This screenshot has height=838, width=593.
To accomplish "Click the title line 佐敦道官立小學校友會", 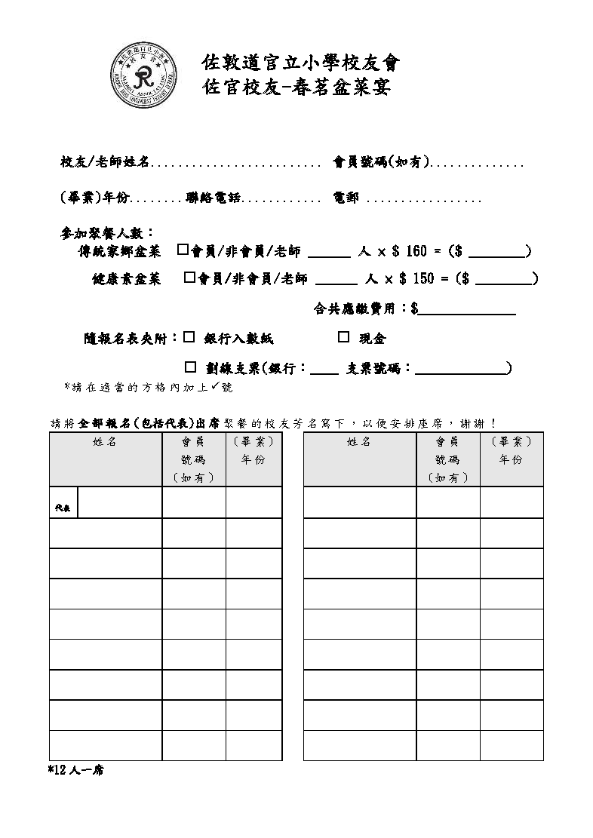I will pyautogui.click(x=300, y=62).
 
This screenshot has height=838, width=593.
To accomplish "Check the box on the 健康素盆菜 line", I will pyautogui.click(x=189, y=278).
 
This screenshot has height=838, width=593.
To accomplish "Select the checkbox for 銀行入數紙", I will pyautogui.click(x=189, y=337).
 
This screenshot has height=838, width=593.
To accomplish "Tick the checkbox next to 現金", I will pyautogui.click(x=343, y=337).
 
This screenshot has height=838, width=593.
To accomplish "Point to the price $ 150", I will pyautogui.click(x=416, y=279).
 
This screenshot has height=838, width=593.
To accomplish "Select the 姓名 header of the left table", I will pyautogui.click(x=105, y=442).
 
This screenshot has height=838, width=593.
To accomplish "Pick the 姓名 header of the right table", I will pyautogui.click(x=359, y=442).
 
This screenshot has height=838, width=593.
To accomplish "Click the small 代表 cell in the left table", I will pyautogui.click(x=63, y=508).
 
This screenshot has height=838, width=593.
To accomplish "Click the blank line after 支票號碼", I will pyautogui.click(x=460, y=369).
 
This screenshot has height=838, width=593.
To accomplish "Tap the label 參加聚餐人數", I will pyautogui.click(x=106, y=232).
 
